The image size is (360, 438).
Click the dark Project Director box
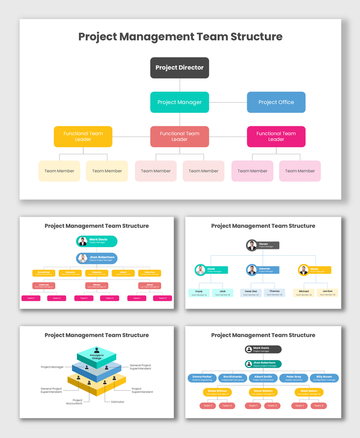point(179,68)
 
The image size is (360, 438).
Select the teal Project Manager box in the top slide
point(179,102)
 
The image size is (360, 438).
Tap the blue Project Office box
point(276,102)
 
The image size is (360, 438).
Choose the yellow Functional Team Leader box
point(83,137)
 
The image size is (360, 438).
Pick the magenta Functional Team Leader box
point(276,137)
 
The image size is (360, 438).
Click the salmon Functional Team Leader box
point(179,137)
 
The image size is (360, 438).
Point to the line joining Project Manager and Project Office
point(228,102)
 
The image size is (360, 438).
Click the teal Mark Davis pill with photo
point(97,241)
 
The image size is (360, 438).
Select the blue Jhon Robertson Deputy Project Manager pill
point(97,259)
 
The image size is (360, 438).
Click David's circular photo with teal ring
point(200,270)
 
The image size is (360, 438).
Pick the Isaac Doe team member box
point(250,292)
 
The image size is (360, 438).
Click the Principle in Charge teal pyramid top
point(97,355)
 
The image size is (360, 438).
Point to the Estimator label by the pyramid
point(118,402)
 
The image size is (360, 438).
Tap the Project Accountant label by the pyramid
point(77,401)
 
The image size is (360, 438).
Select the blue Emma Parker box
point(202,378)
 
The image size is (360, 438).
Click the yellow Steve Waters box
point(263,392)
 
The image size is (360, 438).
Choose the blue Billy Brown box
point(324,378)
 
